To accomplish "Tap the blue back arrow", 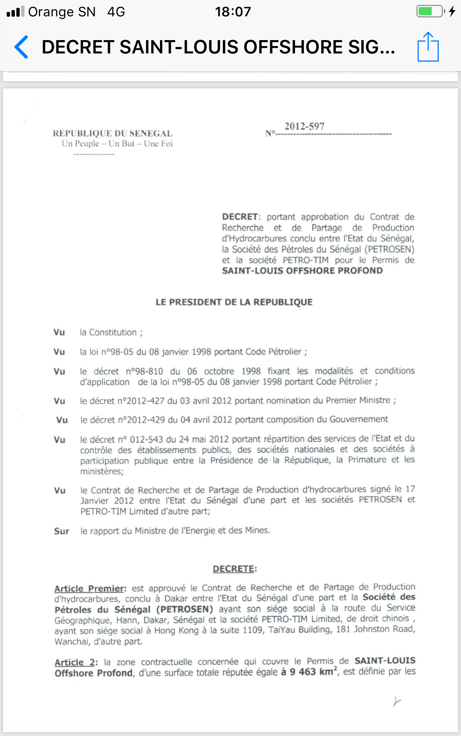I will [x=22, y=47].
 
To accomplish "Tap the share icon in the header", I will [x=428, y=47].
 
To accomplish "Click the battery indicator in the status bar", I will [x=431, y=12].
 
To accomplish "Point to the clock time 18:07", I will [x=233, y=12].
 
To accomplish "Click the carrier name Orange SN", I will [x=62, y=12].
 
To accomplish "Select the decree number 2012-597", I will [x=304, y=127].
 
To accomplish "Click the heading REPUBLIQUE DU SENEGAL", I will [x=112, y=133].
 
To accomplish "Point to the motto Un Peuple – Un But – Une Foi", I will [x=117, y=144].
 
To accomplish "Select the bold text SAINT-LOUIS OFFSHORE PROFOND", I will [x=302, y=271].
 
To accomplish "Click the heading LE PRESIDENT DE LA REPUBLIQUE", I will [x=234, y=302].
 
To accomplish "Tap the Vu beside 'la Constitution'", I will [x=59, y=332].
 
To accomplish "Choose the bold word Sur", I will [x=62, y=531].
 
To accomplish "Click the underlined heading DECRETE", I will [x=234, y=569].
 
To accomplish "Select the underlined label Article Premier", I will [x=89, y=589].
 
